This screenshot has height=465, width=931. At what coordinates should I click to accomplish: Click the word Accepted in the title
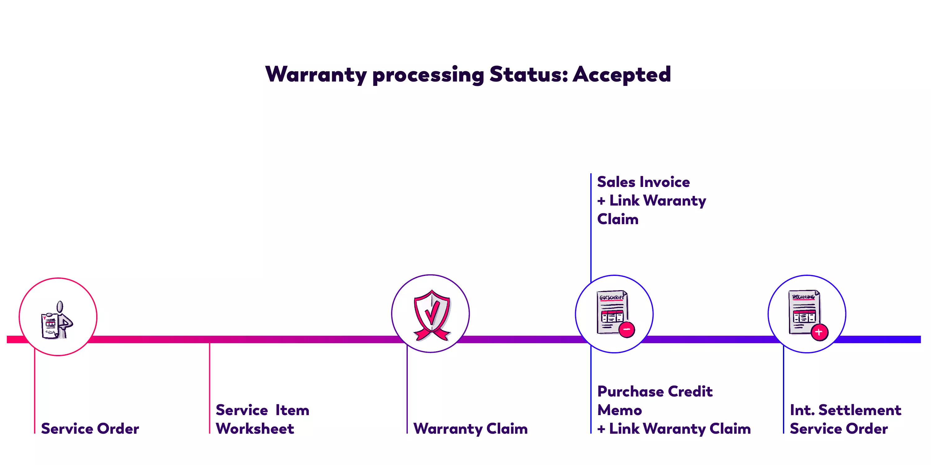(621, 75)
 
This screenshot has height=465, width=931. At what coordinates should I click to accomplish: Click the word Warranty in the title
(316, 75)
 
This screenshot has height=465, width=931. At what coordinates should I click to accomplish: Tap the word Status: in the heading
(528, 75)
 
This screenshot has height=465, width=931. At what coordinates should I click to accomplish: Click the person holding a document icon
(57, 320)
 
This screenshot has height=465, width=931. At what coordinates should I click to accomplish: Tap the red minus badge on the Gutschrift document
(627, 329)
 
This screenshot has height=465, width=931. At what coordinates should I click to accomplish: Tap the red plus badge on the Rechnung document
(819, 332)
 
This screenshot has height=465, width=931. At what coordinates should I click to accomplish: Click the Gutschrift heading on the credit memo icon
(611, 298)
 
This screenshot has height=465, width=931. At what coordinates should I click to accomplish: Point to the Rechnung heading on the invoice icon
(803, 297)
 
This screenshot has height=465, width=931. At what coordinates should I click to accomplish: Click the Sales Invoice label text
(643, 182)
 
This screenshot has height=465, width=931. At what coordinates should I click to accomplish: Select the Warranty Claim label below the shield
(470, 428)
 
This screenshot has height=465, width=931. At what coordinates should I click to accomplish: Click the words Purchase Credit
(654, 391)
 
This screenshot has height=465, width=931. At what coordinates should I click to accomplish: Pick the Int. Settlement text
(845, 410)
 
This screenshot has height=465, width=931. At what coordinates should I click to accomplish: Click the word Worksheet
(255, 428)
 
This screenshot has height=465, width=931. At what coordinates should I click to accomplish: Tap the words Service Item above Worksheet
(262, 410)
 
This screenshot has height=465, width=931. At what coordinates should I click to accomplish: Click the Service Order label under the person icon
(90, 428)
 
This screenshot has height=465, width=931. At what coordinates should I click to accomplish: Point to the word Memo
(619, 410)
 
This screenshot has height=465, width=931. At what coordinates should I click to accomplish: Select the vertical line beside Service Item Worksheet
(209, 388)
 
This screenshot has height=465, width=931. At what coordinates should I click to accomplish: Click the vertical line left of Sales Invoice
(591, 224)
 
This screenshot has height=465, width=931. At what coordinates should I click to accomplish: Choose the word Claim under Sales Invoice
(618, 219)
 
